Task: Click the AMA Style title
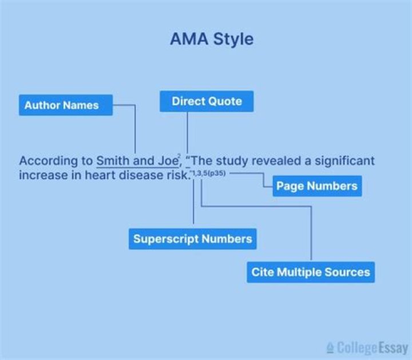click(211, 39)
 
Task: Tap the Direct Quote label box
click(207, 102)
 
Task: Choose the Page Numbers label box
click(316, 185)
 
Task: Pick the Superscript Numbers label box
click(192, 239)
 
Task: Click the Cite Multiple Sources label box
click(311, 272)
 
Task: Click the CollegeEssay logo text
click(372, 347)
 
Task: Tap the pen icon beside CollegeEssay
click(330, 348)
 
